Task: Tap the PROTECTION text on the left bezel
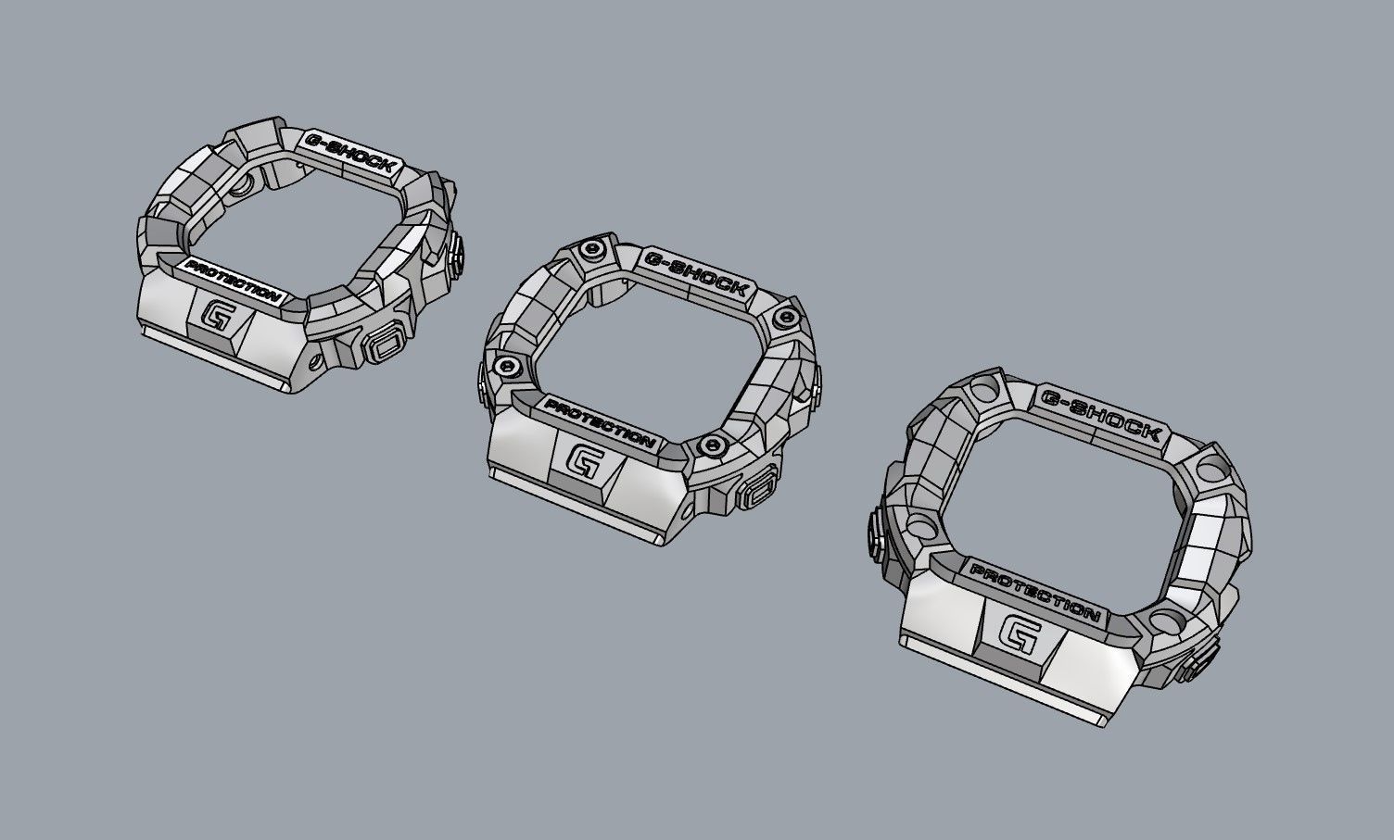[x=233, y=281]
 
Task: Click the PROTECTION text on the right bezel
[x=1034, y=589]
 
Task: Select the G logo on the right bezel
[x=1020, y=637]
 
